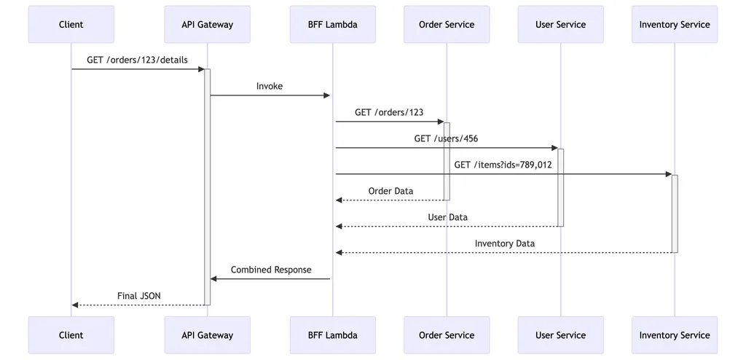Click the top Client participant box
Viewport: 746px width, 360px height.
[71, 25]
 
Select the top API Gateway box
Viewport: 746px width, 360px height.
[208, 25]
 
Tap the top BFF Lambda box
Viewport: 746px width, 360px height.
[333, 25]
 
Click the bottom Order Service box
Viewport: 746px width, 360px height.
[447, 335]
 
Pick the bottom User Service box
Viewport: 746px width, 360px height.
[560, 335]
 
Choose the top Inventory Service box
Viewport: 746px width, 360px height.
[675, 25]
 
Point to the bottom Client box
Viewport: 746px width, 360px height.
[71, 335]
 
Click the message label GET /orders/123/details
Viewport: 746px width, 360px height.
[137, 60]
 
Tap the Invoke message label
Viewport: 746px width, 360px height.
[270, 86]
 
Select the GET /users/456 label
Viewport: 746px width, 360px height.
[446, 138]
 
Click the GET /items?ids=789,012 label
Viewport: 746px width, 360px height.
[503, 165]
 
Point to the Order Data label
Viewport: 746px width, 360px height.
[390, 191]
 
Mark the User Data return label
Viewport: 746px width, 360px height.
[447, 217]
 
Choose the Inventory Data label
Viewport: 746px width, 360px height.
[504, 243]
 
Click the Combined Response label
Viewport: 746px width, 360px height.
[271, 270]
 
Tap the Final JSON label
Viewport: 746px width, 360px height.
[139, 296]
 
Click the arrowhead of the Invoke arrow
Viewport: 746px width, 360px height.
[327, 95]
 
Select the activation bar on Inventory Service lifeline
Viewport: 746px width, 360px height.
[675, 214]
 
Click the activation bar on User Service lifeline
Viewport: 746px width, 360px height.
[561, 187]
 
